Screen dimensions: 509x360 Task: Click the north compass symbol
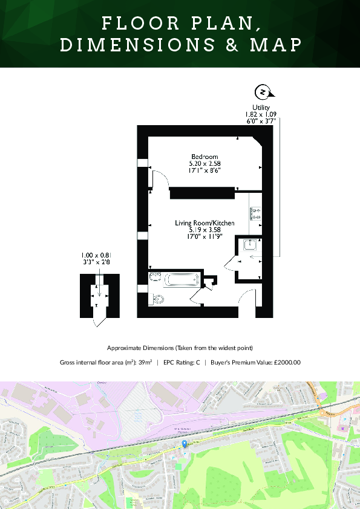(x=263, y=92)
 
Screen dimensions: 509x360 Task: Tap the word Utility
(x=261, y=107)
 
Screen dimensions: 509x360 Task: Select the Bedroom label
(x=205, y=157)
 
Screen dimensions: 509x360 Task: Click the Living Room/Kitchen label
(x=205, y=223)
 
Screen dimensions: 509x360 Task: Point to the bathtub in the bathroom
(x=181, y=280)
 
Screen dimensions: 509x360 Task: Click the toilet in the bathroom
(x=159, y=299)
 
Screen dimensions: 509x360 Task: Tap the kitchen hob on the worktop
(x=255, y=213)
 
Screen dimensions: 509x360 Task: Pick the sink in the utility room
(x=250, y=245)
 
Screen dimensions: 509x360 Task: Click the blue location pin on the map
(x=185, y=444)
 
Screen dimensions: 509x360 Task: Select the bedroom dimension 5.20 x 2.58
(x=205, y=163)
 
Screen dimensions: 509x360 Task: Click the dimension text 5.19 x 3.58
(x=205, y=230)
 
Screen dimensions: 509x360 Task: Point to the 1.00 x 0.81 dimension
(x=97, y=256)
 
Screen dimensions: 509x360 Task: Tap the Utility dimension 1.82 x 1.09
(x=261, y=114)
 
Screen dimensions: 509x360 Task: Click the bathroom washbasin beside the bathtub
(x=155, y=277)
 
